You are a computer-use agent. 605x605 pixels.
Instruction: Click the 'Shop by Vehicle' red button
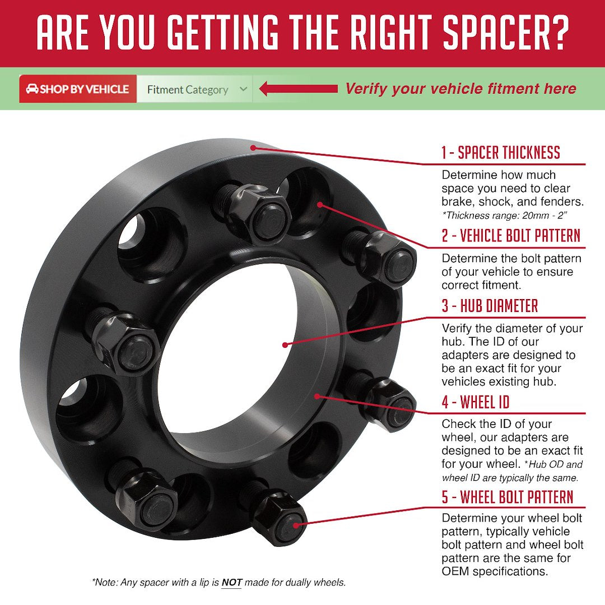78,89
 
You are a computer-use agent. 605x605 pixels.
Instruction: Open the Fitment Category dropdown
194,89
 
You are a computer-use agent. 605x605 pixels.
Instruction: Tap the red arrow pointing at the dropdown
298,89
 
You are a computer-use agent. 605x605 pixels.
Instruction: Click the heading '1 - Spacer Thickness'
500,152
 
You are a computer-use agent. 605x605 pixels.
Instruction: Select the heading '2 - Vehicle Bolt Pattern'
511,235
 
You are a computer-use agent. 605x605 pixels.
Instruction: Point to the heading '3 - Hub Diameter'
490,306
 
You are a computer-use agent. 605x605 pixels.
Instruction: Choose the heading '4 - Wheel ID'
476,402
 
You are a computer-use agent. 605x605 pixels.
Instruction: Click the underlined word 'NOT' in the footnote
231,583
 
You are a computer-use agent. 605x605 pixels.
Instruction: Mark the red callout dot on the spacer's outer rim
253,147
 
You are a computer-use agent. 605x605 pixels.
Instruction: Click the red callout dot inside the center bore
285,345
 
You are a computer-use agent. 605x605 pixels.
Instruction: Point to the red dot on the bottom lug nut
296,525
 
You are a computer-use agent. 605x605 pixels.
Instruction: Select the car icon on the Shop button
32,89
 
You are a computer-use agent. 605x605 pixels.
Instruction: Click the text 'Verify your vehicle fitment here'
460,89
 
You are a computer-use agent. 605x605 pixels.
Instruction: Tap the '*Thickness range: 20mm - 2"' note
505,215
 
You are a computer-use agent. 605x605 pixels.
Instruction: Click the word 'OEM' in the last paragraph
455,571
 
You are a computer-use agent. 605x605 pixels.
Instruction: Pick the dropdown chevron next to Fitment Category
243,89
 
